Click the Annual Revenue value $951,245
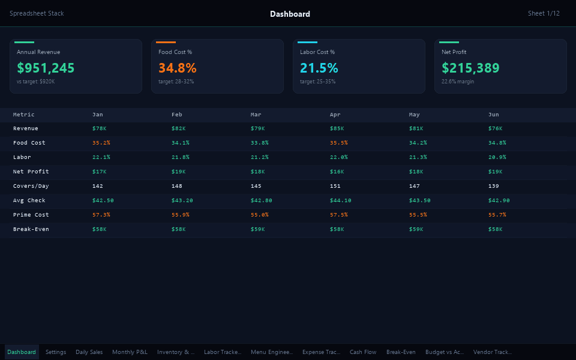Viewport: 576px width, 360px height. (x=46, y=68)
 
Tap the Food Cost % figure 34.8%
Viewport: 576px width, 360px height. (x=178, y=68)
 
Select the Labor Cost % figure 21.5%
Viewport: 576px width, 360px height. (x=319, y=68)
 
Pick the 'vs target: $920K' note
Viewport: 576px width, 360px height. (x=36, y=82)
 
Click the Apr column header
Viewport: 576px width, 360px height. (x=335, y=114)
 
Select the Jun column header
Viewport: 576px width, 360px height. (x=493, y=114)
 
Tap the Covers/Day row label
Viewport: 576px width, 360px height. (x=31, y=186)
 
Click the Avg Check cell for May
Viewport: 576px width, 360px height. (x=420, y=200)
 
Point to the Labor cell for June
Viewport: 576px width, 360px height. (x=497, y=157)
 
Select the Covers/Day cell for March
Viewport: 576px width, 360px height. (x=256, y=186)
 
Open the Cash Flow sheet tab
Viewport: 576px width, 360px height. (x=363, y=352)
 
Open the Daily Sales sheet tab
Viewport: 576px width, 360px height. (x=89, y=352)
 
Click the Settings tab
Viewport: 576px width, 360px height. (x=56, y=352)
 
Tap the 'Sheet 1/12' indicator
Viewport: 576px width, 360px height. (x=544, y=13)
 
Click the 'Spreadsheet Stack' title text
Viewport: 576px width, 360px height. (x=37, y=13)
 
